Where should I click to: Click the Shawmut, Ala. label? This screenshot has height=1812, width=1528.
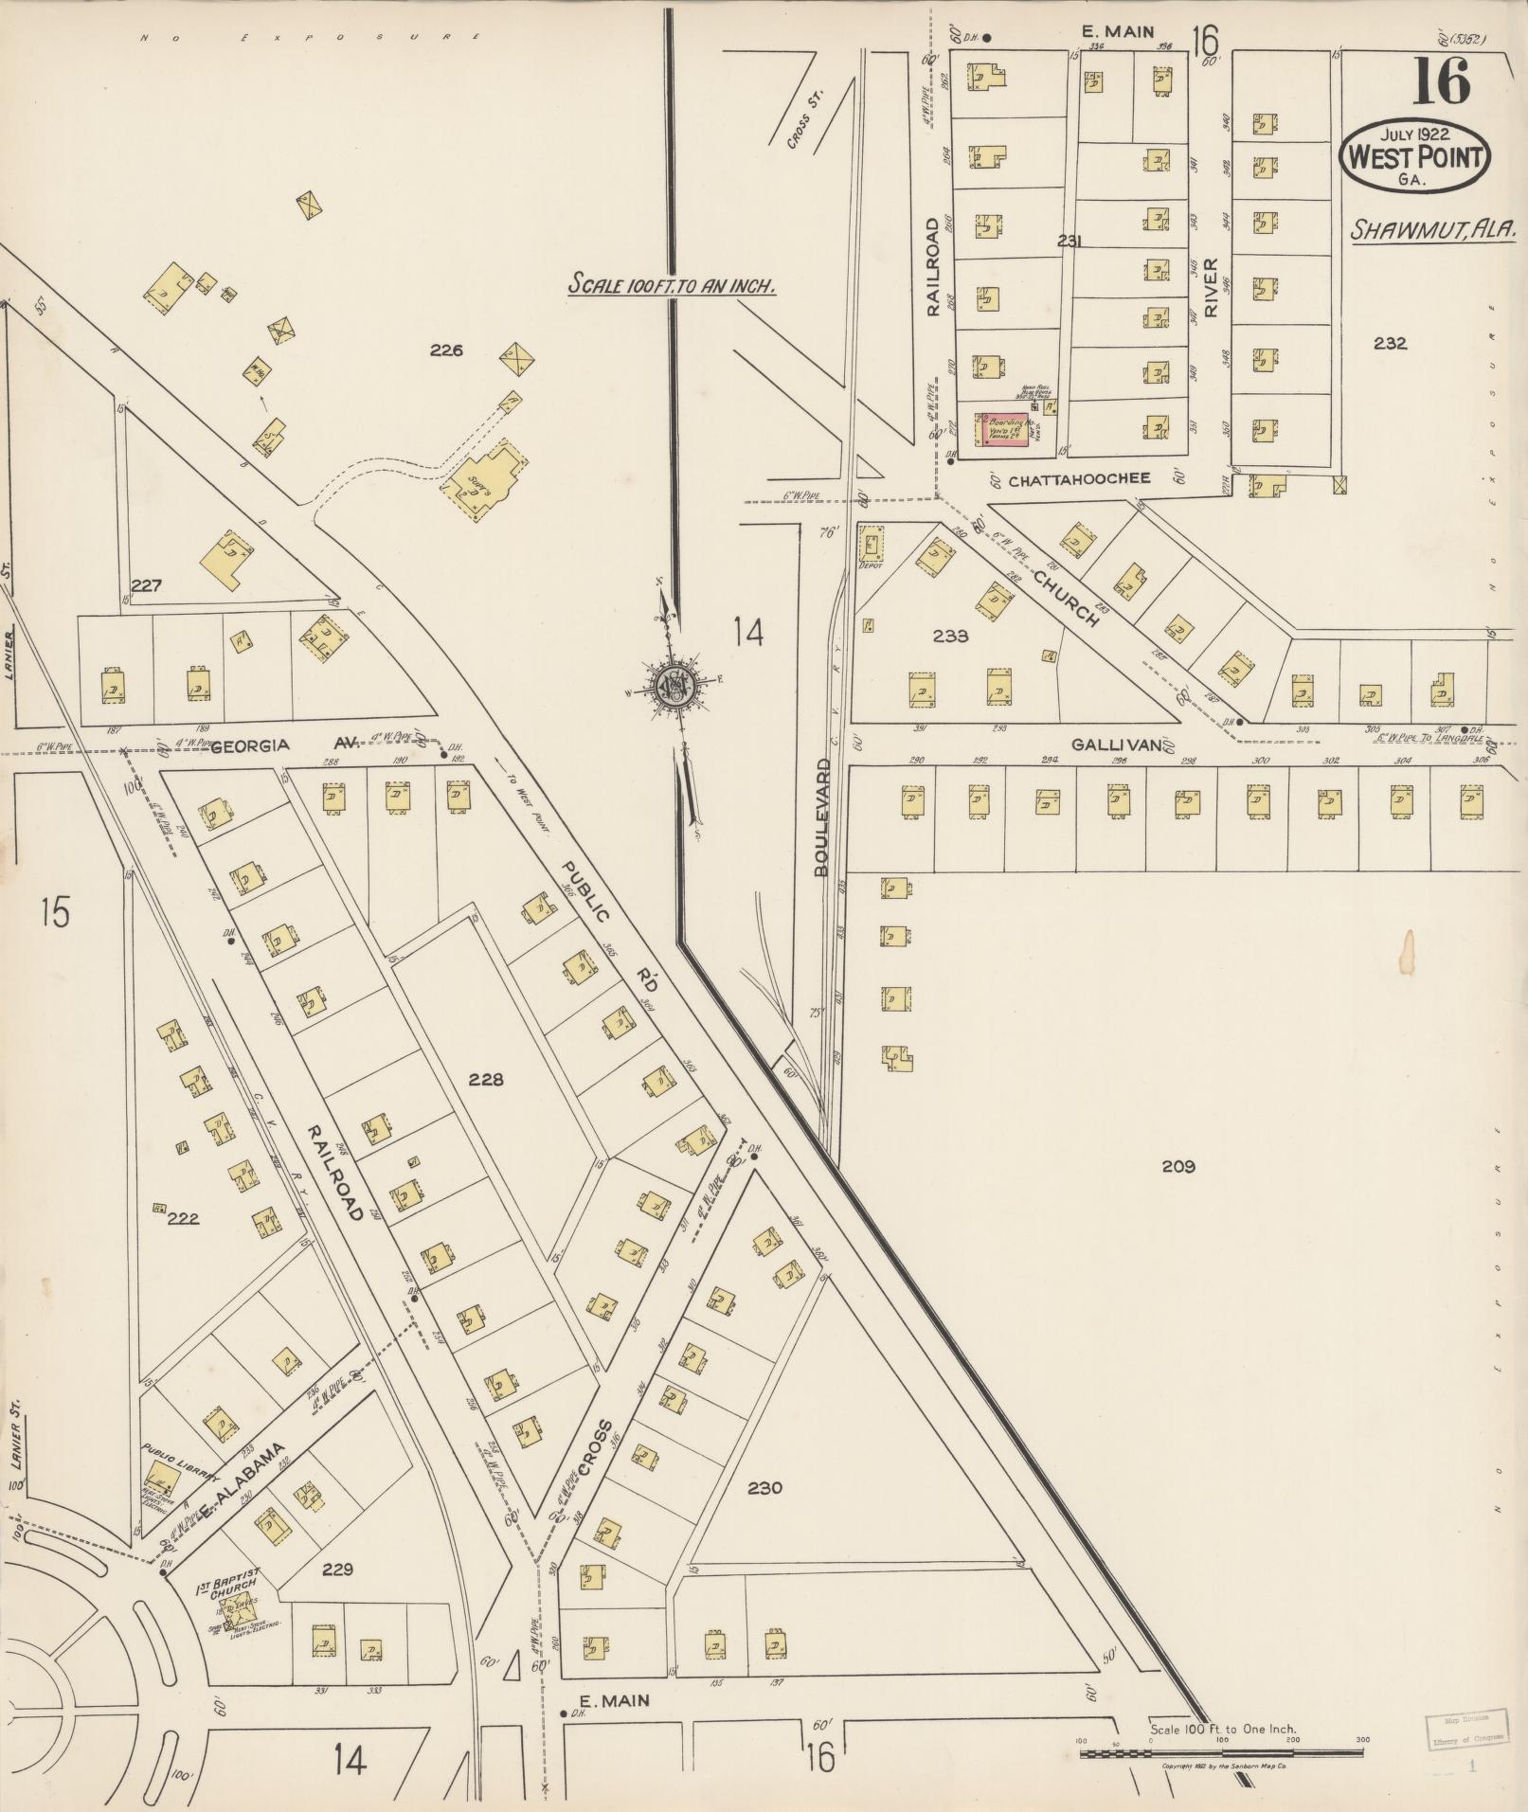[1433, 228]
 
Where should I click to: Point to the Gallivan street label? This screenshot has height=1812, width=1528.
[1116, 745]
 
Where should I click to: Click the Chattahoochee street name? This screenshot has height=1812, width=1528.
[1079, 479]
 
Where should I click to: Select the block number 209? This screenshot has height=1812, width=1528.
[1178, 1166]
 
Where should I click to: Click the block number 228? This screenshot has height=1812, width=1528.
[485, 1079]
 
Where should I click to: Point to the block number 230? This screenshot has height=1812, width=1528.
[764, 1488]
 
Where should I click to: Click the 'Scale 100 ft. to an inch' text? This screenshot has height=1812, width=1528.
[672, 284]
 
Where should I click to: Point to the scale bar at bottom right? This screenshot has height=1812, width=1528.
[1220, 1752]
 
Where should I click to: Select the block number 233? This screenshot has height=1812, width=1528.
[950, 636]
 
